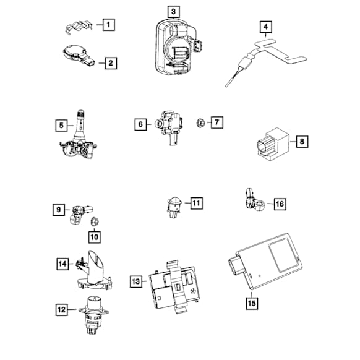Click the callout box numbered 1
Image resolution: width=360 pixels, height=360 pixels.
pyautogui.click(x=108, y=25)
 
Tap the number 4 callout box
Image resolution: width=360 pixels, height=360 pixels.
pyautogui.click(x=265, y=27)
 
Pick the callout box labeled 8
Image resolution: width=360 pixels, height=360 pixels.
pyautogui.click(x=302, y=142)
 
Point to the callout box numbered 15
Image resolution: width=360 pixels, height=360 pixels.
pyautogui.click(x=251, y=303)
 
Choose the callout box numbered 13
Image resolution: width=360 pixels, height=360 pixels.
pyautogui.click(x=136, y=281)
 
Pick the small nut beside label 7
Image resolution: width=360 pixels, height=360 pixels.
pyautogui.click(x=200, y=122)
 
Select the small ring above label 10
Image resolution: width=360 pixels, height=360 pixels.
pyautogui.click(x=95, y=220)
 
